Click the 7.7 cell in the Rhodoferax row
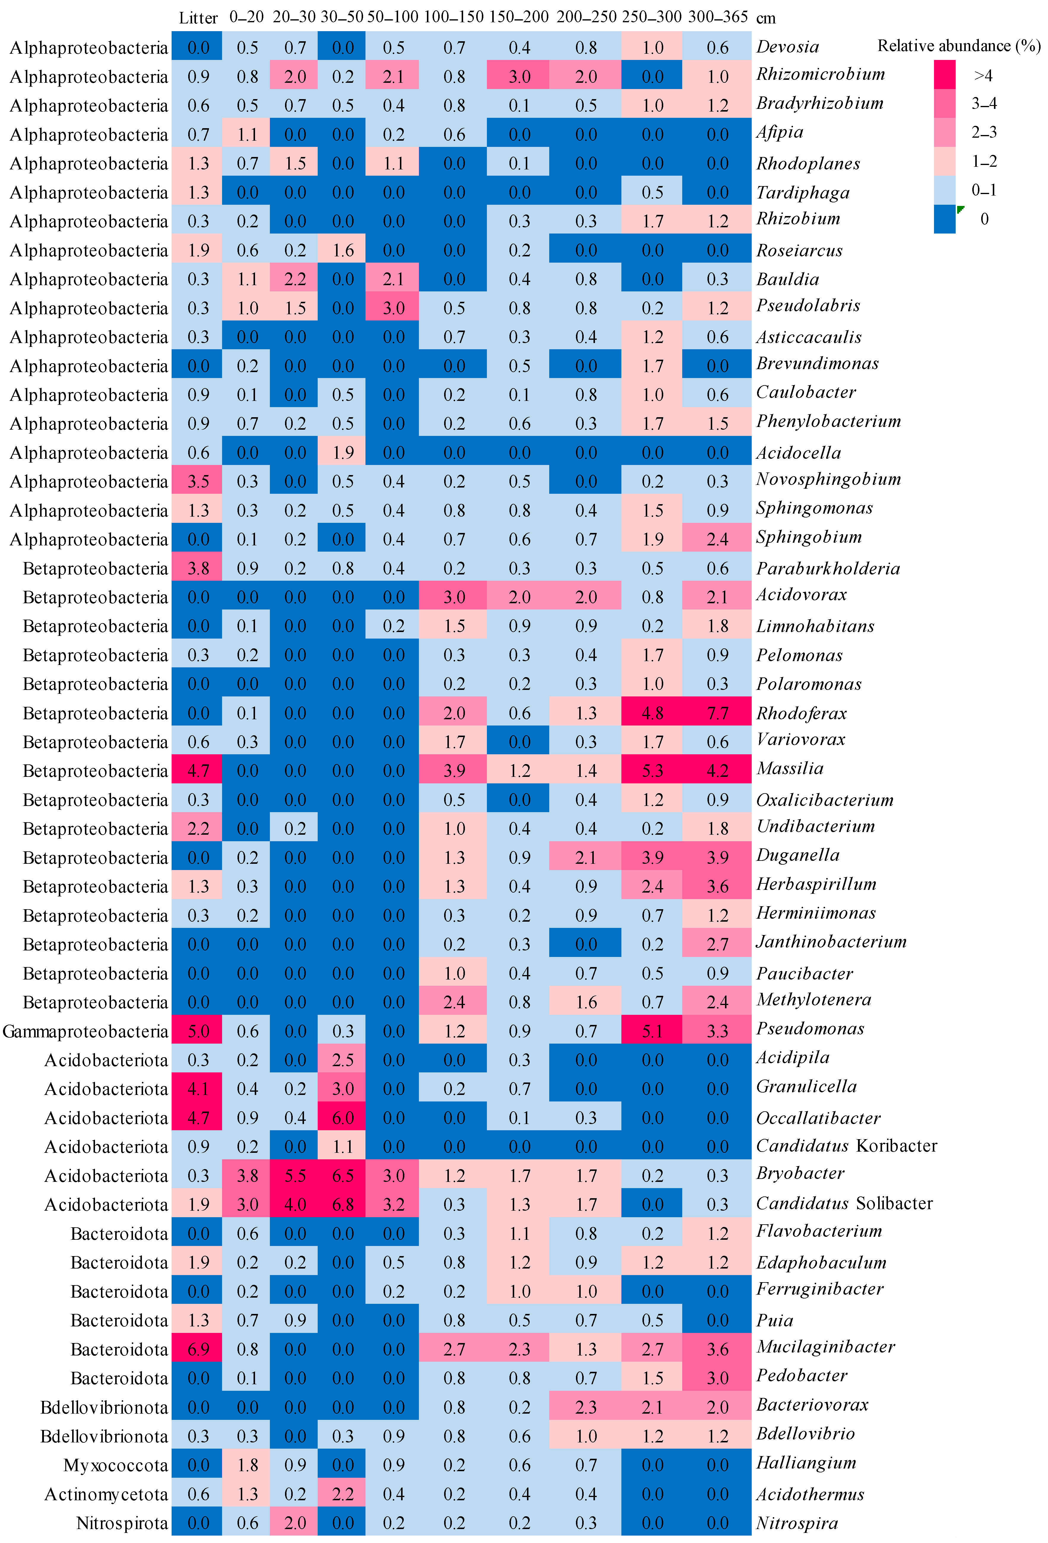(717, 713)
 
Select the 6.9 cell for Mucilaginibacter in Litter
(198, 1349)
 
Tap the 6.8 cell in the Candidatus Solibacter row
(343, 1204)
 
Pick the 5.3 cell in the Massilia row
(652, 771)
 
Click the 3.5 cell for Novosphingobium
(198, 481)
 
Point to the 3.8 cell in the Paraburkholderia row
(198, 568)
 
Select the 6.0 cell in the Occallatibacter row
(343, 1118)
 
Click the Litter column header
(198, 18)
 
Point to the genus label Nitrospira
(797, 1523)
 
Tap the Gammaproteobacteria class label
(85, 1031)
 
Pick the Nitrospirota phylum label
(122, 1523)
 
